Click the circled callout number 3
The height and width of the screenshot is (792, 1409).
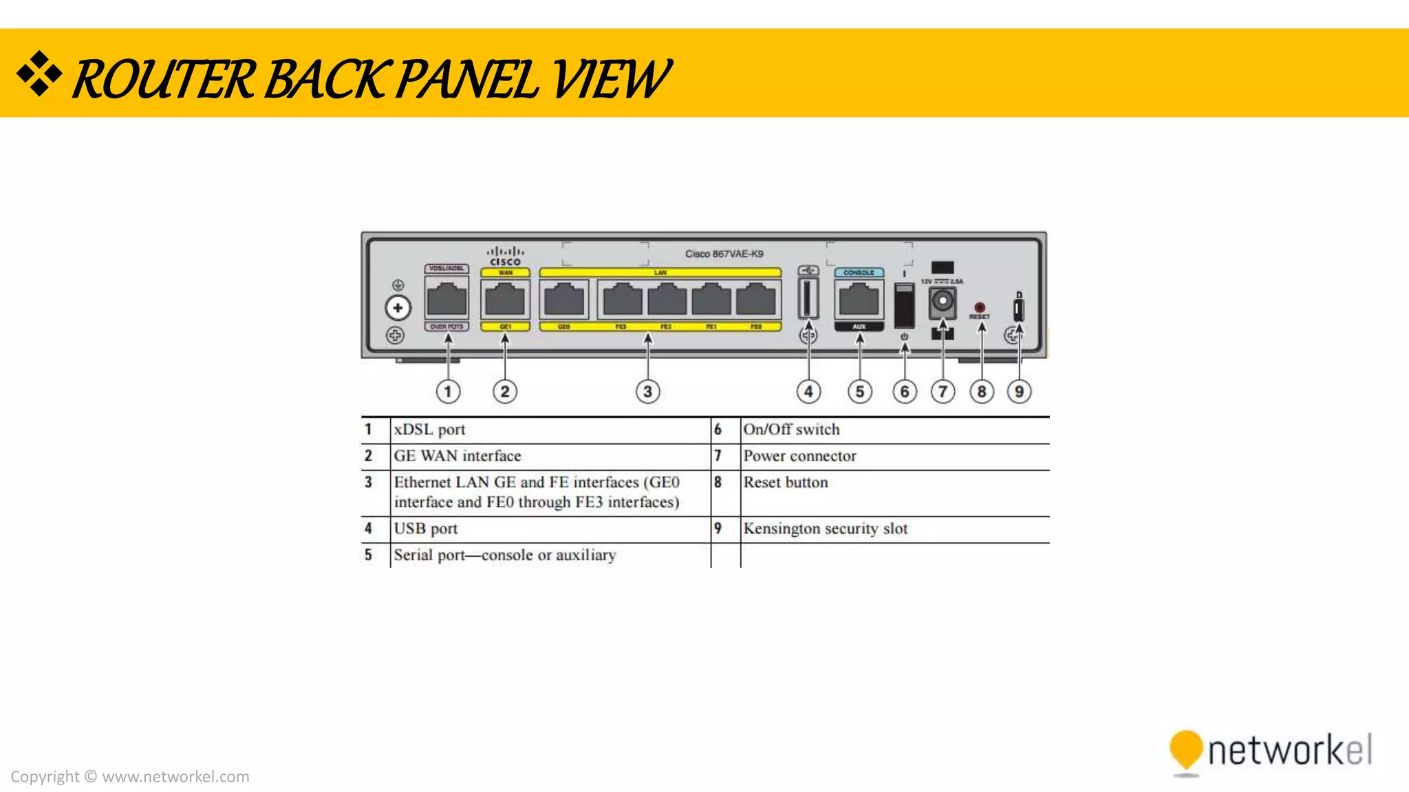tap(647, 392)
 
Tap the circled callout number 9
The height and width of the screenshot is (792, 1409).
tap(1019, 392)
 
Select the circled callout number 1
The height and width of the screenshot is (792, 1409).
tap(448, 392)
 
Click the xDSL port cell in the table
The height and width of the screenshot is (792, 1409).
tap(429, 430)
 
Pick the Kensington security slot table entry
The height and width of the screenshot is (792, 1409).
tap(825, 529)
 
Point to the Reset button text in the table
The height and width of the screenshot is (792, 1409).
tap(785, 483)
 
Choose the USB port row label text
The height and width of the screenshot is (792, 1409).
tap(425, 529)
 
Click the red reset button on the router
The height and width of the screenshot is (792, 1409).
tap(980, 307)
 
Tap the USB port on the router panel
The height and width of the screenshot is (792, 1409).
tap(808, 298)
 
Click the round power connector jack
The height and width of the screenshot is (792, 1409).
tap(943, 301)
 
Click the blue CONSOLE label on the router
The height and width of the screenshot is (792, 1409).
tap(859, 273)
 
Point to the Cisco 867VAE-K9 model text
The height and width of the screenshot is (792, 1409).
tap(724, 254)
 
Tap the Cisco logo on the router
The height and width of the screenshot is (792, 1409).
tap(506, 256)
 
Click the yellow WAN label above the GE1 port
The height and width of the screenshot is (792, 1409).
tap(506, 273)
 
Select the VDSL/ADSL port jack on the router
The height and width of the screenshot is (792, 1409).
tap(447, 300)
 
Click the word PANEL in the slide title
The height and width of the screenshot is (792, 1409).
tap(467, 79)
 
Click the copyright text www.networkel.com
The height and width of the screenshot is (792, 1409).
tap(175, 777)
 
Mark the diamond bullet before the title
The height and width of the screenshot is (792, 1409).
tap(39, 73)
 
